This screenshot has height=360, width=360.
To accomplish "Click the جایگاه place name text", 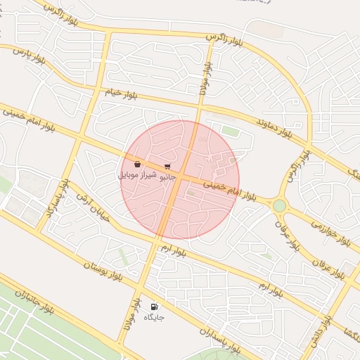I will tap(154, 318).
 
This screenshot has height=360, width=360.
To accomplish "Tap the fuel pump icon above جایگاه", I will tap(154, 307).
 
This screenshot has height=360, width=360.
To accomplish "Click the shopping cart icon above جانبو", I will tap(167, 167).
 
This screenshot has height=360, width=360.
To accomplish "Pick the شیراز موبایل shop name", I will tap(136, 174).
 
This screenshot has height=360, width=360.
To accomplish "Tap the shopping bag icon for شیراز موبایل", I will tap(136, 164).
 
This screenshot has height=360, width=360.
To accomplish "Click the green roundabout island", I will tap(280, 205).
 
